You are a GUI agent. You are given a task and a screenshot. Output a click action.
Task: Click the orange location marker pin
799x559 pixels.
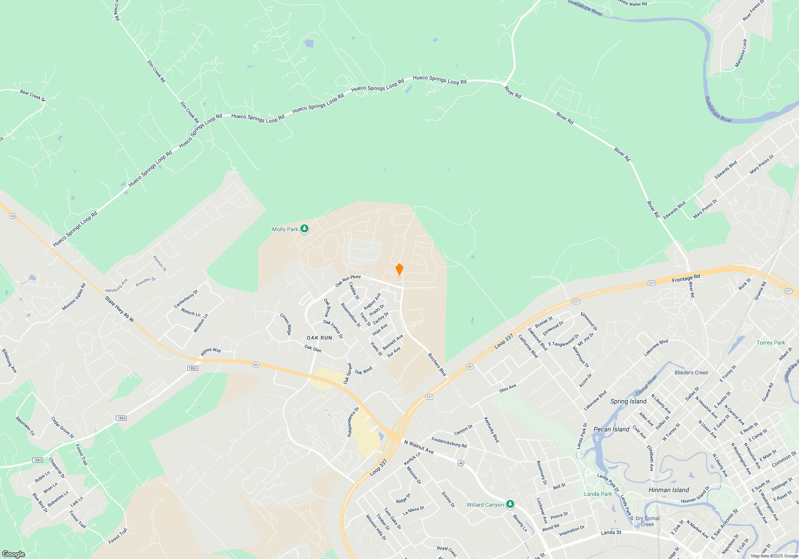point(399,270)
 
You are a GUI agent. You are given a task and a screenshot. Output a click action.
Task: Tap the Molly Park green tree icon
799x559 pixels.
point(304,229)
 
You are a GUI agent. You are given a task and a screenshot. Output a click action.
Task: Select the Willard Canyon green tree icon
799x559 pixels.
point(510,504)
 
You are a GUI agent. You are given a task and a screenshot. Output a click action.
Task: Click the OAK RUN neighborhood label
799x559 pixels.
point(319,338)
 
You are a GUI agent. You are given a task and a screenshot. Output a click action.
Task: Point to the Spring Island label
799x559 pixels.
point(628,401)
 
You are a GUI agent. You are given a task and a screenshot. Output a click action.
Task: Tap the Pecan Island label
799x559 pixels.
point(611,429)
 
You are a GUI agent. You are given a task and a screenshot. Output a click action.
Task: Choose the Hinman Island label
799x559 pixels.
point(669,490)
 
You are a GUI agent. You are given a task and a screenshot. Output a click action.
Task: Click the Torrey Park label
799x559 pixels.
point(771,343)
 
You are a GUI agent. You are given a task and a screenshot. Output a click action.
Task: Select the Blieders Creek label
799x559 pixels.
point(691,373)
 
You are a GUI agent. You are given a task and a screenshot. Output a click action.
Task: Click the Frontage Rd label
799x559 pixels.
point(686,278)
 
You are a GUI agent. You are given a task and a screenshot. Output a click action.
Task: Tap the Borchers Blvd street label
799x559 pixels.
point(437,364)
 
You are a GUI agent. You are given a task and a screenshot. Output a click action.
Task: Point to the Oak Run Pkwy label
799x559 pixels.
point(348,280)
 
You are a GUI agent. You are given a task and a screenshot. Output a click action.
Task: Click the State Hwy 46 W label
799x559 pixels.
point(119,309)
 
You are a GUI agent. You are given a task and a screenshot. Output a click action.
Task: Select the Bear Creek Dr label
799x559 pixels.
point(33,95)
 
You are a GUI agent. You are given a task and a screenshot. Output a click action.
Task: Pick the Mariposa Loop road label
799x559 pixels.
point(741,53)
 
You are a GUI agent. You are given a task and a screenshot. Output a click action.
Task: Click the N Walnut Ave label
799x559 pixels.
point(419,447)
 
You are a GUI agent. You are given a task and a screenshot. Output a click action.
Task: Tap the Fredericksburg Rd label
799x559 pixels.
point(449,442)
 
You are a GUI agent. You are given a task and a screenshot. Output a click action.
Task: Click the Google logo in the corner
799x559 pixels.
point(14,554)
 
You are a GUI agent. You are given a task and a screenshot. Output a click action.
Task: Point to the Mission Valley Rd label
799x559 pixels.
point(74,297)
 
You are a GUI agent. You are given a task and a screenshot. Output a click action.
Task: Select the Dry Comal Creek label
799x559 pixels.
point(648,521)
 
